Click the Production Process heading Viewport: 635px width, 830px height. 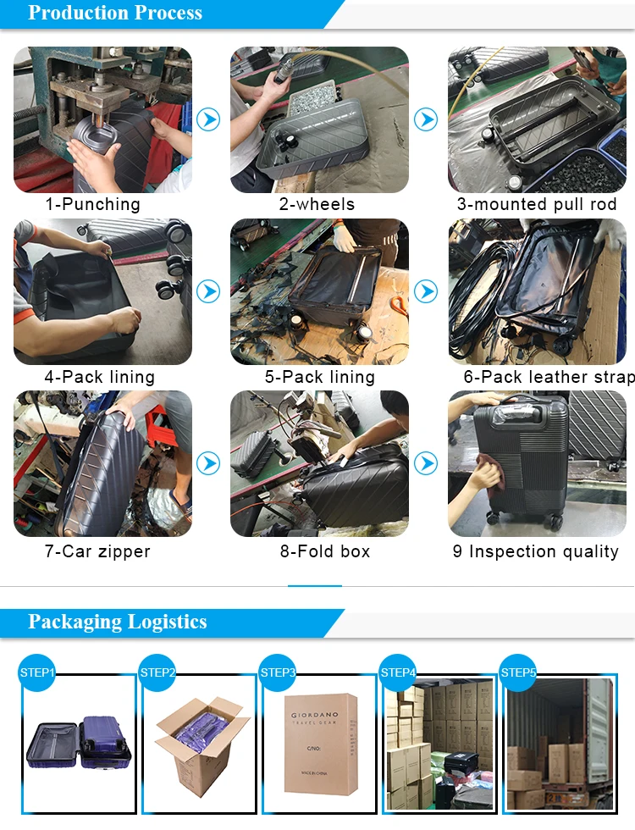[115, 13]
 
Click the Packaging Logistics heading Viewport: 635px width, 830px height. [117, 622]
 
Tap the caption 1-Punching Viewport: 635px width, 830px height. [92, 204]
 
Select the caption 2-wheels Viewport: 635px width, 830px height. [317, 204]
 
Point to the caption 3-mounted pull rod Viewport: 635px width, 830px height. [537, 204]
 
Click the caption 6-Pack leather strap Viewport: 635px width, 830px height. [549, 377]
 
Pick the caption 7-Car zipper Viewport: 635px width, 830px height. [97, 551]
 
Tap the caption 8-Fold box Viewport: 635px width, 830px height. [325, 551]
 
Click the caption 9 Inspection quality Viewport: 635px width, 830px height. [535, 551]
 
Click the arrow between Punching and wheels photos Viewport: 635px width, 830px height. [208, 119]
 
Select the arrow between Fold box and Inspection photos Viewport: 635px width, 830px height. [425, 464]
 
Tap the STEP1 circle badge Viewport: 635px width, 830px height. [37, 672]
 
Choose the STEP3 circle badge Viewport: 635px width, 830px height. [278, 672]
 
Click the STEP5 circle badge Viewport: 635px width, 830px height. [518, 672]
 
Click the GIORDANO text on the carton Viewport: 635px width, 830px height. [315, 715]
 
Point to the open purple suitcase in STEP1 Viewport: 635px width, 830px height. [78, 744]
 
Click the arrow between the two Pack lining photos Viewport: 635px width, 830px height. [208, 291]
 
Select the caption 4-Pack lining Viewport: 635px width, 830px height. [100, 377]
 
